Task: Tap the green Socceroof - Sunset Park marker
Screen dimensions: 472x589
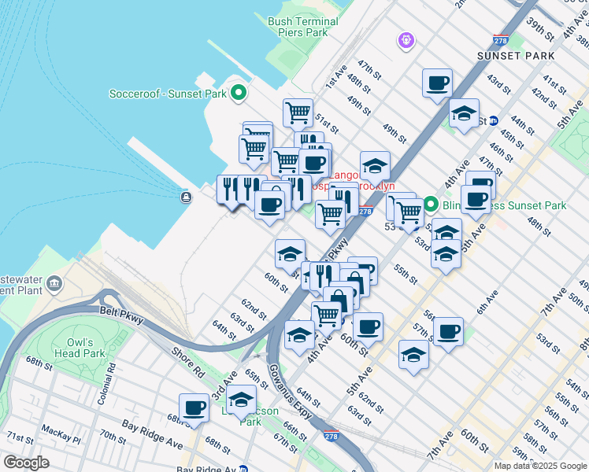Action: pos(236,94)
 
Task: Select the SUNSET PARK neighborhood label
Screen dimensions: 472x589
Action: pos(515,57)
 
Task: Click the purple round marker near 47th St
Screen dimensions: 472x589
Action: pos(406,39)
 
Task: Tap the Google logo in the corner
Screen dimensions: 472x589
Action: pos(26,462)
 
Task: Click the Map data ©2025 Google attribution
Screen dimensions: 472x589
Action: pos(540,466)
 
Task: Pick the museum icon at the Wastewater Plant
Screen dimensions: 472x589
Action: pos(54,283)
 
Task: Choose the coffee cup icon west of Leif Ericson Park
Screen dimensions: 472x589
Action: pos(194,408)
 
